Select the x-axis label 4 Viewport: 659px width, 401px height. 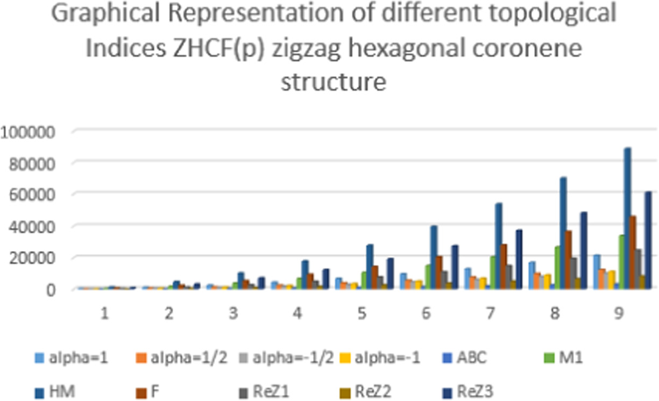click(x=298, y=313)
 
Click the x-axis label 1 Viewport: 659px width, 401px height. click(x=105, y=313)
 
